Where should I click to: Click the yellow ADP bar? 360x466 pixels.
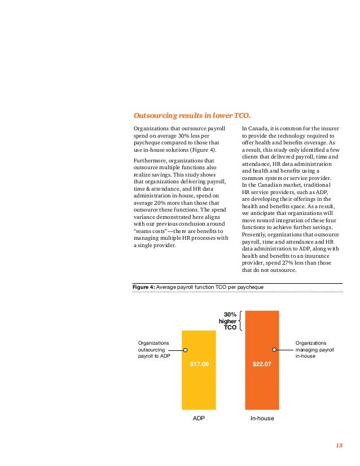click(x=199, y=370)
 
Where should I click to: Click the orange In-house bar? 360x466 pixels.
click(x=262, y=360)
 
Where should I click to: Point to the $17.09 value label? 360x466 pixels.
click(x=199, y=364)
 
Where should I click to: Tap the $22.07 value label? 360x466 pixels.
click(x=262, y=364)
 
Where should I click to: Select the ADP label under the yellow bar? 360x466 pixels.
click(x=199, y=418)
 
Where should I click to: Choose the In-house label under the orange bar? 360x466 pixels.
click(x=262, y=418)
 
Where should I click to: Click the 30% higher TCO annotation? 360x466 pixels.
click(x=228, y=321)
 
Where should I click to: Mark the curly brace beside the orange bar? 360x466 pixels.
click(x=240, y=320)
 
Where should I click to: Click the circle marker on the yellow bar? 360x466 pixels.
click(x=185, y=350)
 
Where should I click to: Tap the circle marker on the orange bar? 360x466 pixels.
click(x=274, y=350)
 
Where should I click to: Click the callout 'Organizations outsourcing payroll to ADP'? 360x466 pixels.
click(x=154, y=350)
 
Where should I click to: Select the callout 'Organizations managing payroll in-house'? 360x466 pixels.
click(x=314, y=350)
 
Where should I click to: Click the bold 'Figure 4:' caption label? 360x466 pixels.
click(x=143, y=287)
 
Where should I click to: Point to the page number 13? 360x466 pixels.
click(x=339, y=445)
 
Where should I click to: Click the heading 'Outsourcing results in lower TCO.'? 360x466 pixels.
click(x=192, y=115)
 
